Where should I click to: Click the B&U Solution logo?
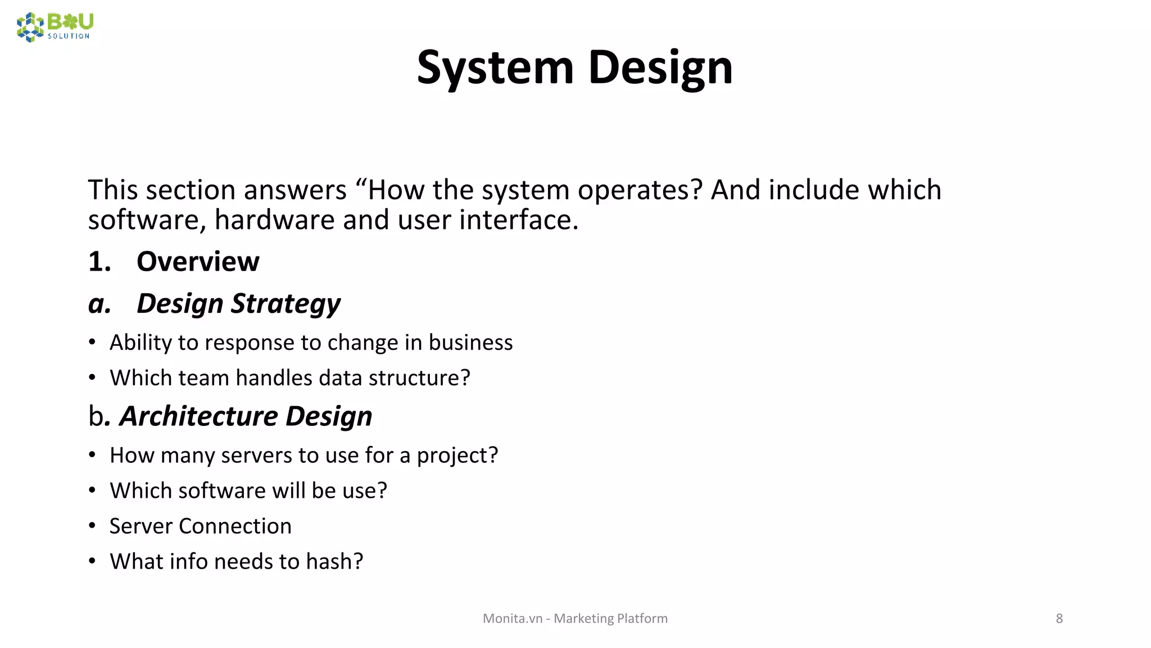[55, 26]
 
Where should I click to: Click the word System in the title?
[495, 67]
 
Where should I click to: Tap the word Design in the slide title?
[660, 67]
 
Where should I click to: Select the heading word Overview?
[198, 262]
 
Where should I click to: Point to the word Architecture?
[198, 416]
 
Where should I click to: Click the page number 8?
[1059, 618]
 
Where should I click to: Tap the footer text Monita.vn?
[513, 618]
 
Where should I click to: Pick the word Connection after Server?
[235, 526]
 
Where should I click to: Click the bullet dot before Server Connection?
[92, 526]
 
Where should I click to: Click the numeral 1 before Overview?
[96, 262]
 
